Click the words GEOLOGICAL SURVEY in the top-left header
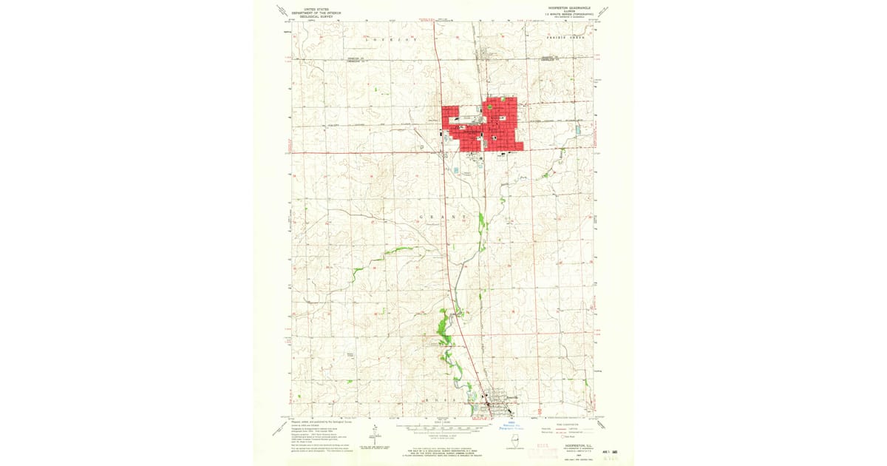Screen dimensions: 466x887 pos(311,15)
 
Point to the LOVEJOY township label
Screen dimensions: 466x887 pos(395,38)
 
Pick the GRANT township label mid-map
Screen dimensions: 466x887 pos(443,217)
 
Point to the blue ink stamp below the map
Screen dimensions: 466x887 pos(510,426)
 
